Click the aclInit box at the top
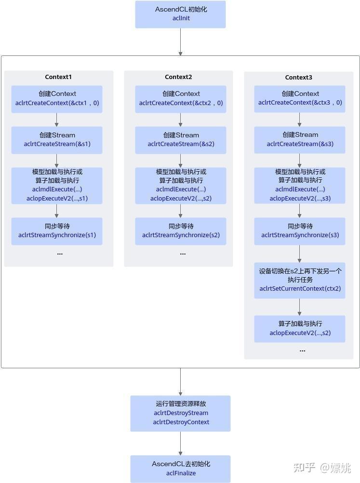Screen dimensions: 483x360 (x=180, y=14)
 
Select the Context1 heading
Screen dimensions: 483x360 (x=58, y=77)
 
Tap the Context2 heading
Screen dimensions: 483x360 (x=178, y=77)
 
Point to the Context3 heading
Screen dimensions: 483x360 (x=298, y=78)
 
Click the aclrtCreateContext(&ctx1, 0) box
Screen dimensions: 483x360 (x=57, y=99)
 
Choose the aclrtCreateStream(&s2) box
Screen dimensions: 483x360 (x=181, y=140)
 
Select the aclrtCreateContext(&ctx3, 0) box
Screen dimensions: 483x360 (x=300, y=99)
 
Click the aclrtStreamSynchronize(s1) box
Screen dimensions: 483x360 (x=57, y=231)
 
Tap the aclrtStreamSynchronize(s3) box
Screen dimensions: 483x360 (x=300, y=231)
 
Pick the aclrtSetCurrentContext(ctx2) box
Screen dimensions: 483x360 (x=300, y=280)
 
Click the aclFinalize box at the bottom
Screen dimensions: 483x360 (x=180, y=469)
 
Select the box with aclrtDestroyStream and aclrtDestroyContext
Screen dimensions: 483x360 (x=180, y=413)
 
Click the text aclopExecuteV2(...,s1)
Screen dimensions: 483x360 (x=57, y=198)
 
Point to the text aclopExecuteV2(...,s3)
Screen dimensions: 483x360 (x=300, y=199)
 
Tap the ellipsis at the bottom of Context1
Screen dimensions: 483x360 (x=60, y=254)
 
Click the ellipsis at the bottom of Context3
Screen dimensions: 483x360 (x=302, y=351)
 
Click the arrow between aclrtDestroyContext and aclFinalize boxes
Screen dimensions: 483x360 (x=180, y=443)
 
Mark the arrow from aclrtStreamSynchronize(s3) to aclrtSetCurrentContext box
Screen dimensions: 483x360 (x=300, y=254)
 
